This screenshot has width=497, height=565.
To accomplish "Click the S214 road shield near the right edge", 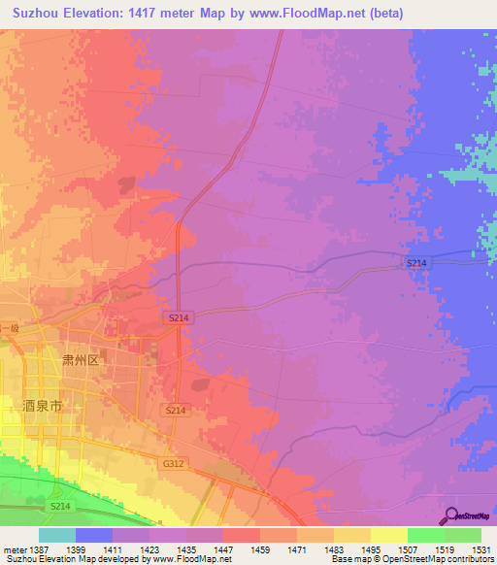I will tap(416, 263).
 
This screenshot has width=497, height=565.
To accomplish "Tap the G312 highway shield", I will tap(173, 464).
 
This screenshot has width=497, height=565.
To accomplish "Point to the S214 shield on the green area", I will tap(61, 507).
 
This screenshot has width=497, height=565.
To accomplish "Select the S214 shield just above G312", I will tap(175, 411).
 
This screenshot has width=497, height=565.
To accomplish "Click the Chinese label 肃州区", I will tap(82, 359).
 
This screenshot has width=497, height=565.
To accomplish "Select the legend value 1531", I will tap(481, 549).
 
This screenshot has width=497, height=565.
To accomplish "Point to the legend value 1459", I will tap(260, 549).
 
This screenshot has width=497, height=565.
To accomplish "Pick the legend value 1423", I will tap(149, 549).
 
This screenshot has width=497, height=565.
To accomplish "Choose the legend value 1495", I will tap(371, 549).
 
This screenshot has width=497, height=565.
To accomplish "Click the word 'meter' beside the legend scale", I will tap(14, 549).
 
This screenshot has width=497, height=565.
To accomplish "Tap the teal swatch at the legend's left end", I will tap(57, 535).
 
